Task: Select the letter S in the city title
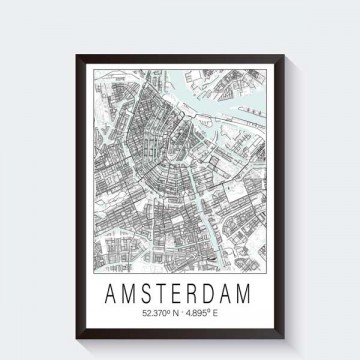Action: pyautogui.click(x=145, y=271)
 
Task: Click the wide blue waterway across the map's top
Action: pyautogui.click(x=215, y=78)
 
